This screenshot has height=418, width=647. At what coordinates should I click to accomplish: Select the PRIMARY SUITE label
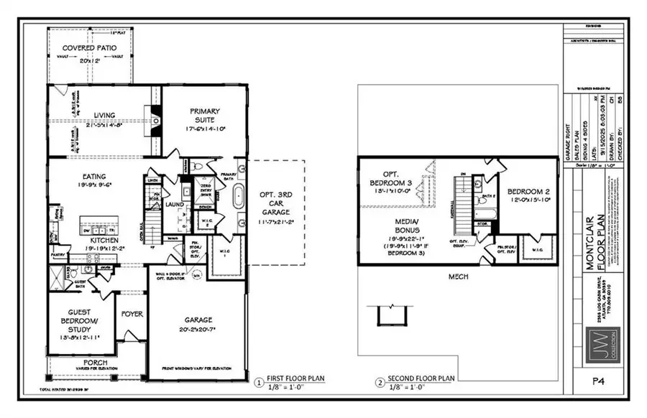tap(205, 116)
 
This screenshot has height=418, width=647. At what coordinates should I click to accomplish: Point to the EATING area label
tap(94, 177)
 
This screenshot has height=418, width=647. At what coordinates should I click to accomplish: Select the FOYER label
tap(132, 313)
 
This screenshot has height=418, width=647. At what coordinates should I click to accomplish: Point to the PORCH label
tap(95, 362)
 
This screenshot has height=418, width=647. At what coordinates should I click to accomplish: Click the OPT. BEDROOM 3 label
tap(393, 178)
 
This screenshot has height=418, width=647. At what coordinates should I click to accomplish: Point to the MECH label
tap(458, 276)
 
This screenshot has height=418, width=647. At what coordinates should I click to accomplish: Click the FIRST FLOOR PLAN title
tap(296, 378)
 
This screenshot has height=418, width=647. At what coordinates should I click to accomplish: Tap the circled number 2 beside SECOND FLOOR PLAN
tap(379, 382)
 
